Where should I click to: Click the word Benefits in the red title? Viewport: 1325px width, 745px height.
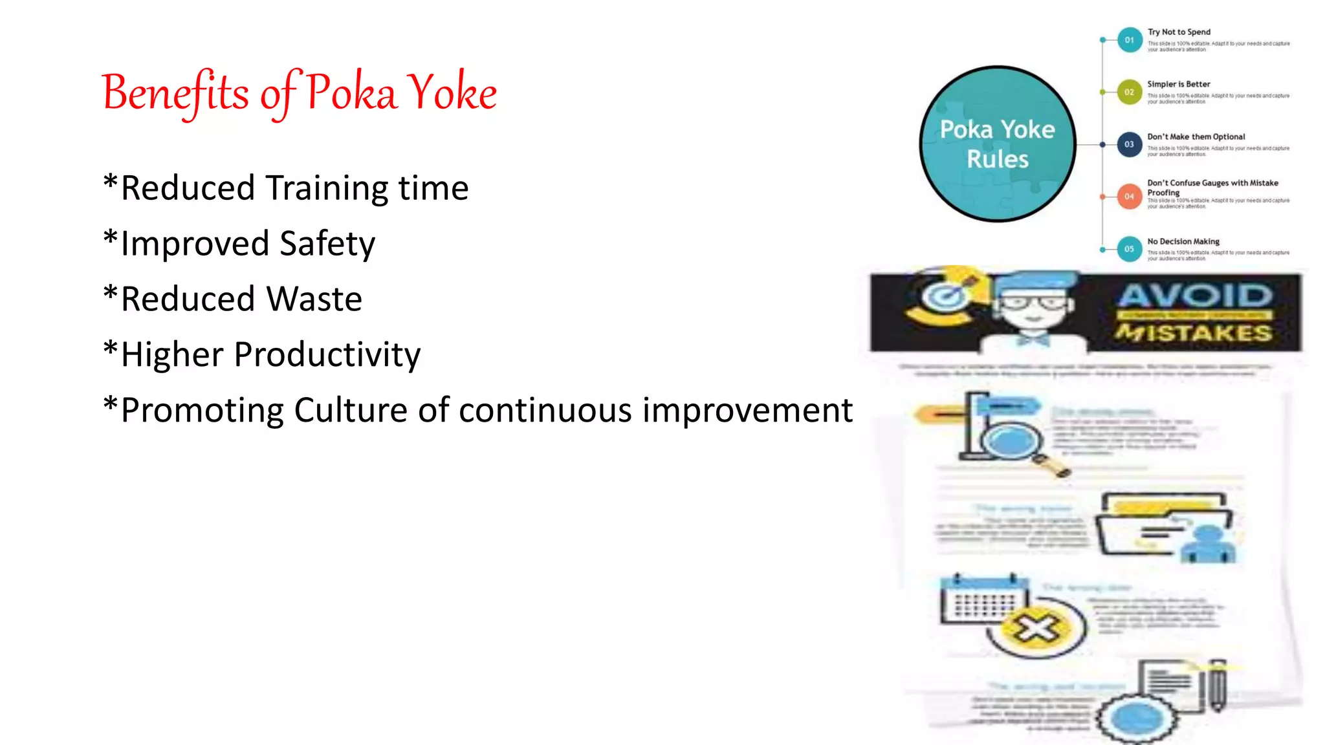tap(175, 92)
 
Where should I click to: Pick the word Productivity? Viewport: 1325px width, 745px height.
tap(327, 355)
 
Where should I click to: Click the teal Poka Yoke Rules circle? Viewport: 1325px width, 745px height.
tap(997, 144)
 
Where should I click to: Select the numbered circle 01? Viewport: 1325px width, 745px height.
tap(1129, 40)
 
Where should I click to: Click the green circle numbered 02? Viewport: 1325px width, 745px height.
tap(1129, 92)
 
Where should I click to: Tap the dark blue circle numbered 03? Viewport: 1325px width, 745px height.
tap(1129, 144)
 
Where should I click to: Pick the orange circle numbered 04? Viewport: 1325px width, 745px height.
tap(1129, 197)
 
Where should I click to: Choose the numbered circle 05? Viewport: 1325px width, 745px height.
tap(1129, 249)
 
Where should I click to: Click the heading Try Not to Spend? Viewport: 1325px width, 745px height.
tap(1179, 32)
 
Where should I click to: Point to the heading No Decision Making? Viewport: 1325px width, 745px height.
tap(1183, 241)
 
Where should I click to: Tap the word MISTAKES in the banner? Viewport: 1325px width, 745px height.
tap(1194, 333)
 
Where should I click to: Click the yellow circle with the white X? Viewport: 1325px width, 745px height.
tap(1036, 627)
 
